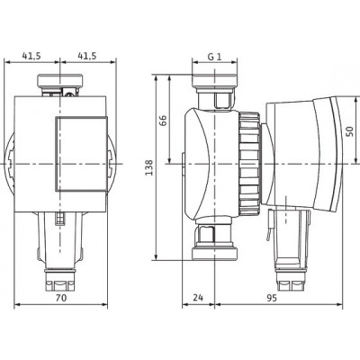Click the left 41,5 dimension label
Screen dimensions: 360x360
[31, 56]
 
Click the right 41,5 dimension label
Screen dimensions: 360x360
[87, 56]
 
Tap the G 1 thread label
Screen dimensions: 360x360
[215, 57]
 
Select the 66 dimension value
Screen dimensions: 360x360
[162, 121]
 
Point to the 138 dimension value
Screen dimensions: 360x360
[149, 167]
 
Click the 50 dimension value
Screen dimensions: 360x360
[350, 131]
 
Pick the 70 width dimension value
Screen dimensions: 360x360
[61, 298]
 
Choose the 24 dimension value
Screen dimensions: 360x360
[198, 298]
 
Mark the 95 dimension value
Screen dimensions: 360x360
[272, 298]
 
